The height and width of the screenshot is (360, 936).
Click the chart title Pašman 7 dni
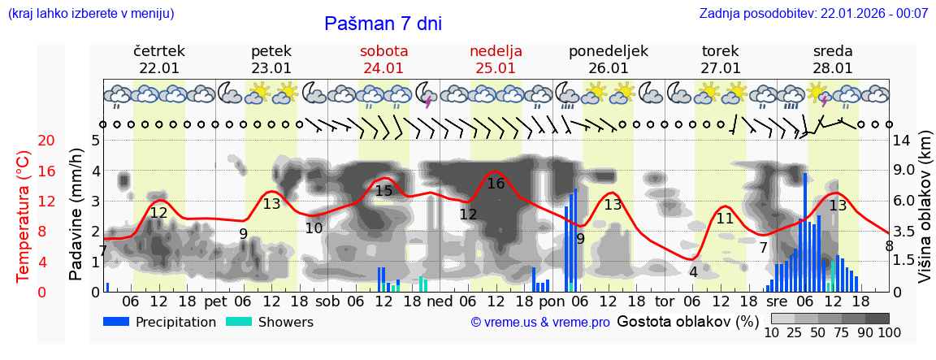tap(383, 24)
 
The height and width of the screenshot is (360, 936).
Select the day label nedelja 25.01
tap(496, 59)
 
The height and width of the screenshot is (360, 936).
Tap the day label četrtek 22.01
tap(159, 59)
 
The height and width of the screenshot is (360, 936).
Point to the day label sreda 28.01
tap(833, 59)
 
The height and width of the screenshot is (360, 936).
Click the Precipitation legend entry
tap(161, 322)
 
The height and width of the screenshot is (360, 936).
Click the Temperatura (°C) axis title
tap(23, 215)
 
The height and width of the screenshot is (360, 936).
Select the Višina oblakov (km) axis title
tap(925, 215)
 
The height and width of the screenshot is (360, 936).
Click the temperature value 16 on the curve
tap(496, 184)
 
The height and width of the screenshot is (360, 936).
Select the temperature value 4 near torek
tap(693, 272)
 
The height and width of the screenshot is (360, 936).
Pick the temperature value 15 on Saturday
tap(383, 191)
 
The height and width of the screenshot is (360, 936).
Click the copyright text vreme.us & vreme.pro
tap(540, 323)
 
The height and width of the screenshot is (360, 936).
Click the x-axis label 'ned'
tap(440, 301)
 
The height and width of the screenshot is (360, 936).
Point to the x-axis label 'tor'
tap(665, 301)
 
